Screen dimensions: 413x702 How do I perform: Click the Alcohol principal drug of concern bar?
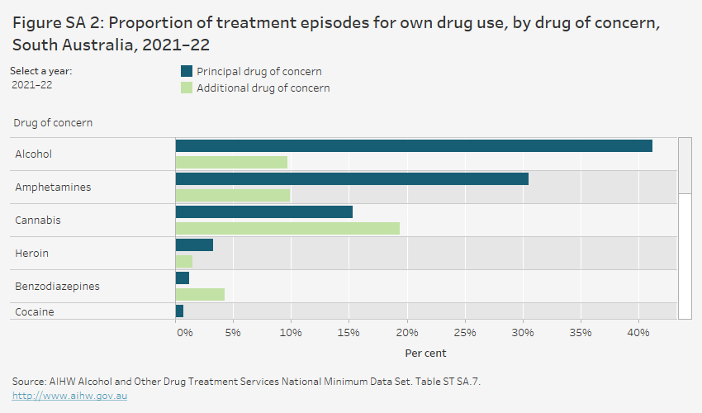tap(413, 146)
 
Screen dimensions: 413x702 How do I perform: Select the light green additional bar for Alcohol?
tap(231, 162)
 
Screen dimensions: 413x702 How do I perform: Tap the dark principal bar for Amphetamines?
tap(352, 179)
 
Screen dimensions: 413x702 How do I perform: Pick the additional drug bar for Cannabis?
tap(287, 228)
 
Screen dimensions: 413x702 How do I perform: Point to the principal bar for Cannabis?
tap(264, 212)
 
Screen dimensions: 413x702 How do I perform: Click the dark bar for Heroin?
tap(195, 245)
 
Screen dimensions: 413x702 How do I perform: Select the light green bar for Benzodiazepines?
tap(200, 294)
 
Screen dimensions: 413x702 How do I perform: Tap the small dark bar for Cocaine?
tap(180, 311)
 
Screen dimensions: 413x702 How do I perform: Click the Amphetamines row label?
tap(53, 188)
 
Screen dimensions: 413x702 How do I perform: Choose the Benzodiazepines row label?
tap(57, 287)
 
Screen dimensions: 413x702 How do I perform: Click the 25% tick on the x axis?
tap(464, 333)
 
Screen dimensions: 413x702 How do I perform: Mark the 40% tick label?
tap(638, 333)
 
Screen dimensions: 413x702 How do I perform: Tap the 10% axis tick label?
tap(291, 333)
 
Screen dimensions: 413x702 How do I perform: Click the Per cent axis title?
tap(425, 353)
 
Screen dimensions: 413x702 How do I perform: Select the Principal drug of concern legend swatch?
tap(187, 72)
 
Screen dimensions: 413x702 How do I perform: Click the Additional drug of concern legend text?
tap(263, 88)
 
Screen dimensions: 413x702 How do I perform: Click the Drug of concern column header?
tap(53, 123)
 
